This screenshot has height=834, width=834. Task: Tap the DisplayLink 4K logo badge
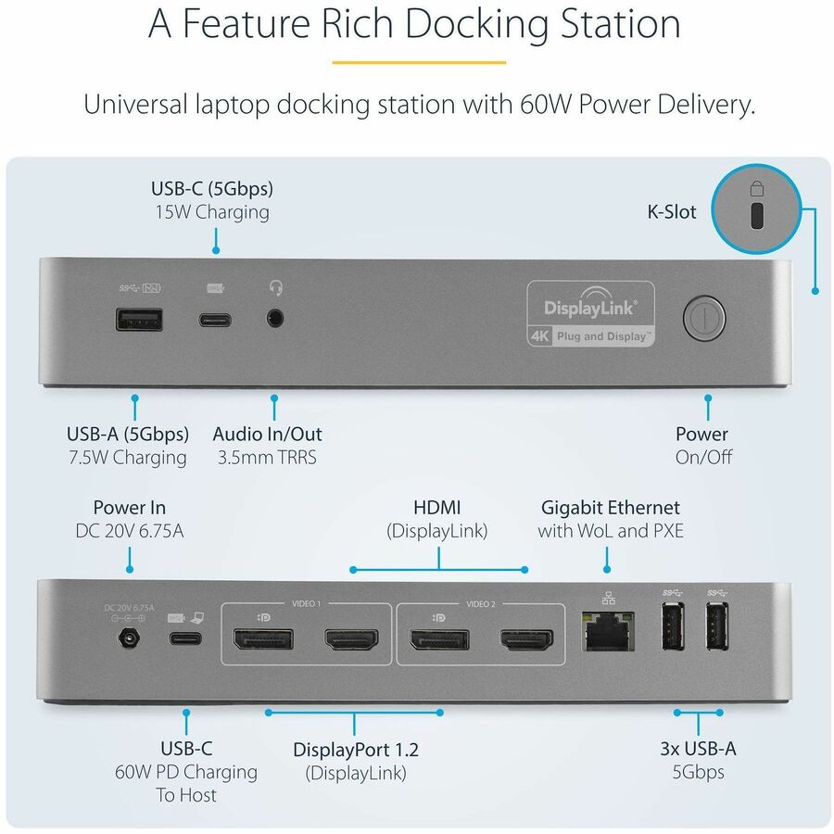click(591, 313)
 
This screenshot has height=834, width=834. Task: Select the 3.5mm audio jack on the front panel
click(273, 319)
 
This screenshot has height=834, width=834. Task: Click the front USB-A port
click(139, 320)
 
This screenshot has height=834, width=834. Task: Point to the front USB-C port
click(214, 320)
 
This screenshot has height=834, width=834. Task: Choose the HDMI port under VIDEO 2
click(526, 638)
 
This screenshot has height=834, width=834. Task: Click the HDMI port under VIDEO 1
click(349, 638)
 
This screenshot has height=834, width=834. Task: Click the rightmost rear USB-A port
click(715, 631)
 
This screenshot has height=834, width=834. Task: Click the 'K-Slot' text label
click(671, 211)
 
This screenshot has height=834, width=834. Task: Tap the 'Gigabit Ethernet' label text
click(610, 508)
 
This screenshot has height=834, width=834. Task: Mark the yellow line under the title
click(419, 63)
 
